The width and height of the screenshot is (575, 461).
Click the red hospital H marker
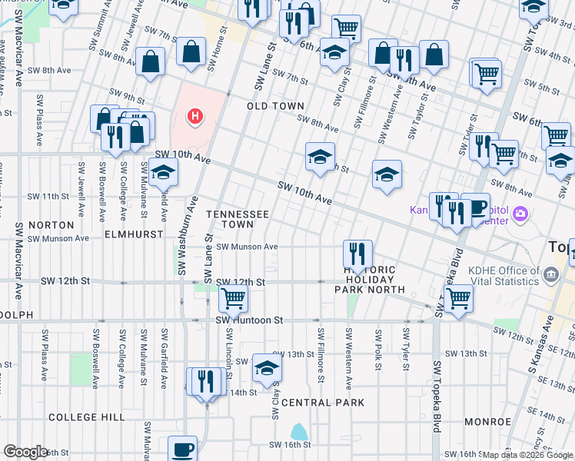pos(196,117)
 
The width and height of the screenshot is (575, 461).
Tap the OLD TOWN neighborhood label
pos(275,106)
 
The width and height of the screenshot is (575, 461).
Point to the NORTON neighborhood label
pos(51,225)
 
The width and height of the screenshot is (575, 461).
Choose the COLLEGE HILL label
pos(86,417)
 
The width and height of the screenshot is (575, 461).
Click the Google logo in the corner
pos(25,452)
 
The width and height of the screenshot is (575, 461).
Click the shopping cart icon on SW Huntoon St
pos(232,297)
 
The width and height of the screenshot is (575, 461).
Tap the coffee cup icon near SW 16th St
pos(183,448)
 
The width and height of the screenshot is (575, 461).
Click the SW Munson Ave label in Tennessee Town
pos(246,247)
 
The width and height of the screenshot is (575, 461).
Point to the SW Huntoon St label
pos(250,320)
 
